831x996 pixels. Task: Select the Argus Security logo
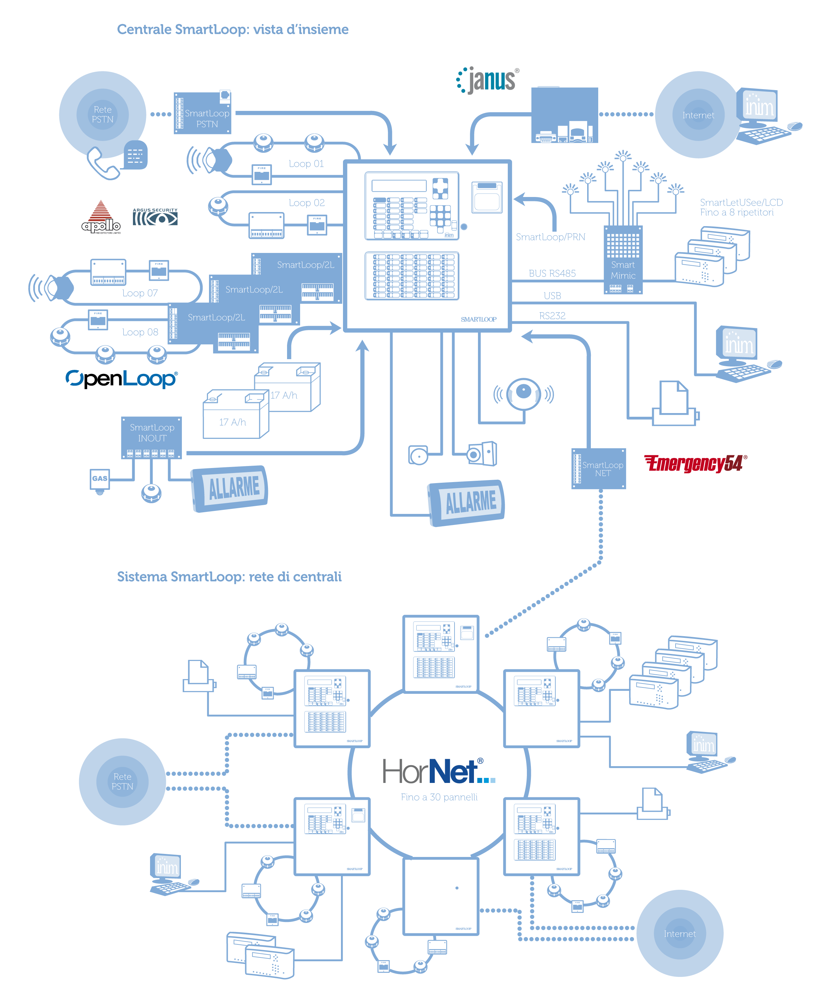tap(155, 217)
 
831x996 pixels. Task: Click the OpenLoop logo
tap(122, 379)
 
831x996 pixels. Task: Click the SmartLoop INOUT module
tap(151, 437)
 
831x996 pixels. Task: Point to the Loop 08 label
tap(140, 332)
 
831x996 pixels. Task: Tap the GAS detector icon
tap(99, 479)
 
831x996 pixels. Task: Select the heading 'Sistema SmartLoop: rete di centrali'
tap(229, 577)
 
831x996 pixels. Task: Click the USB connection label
tap(552, 296)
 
